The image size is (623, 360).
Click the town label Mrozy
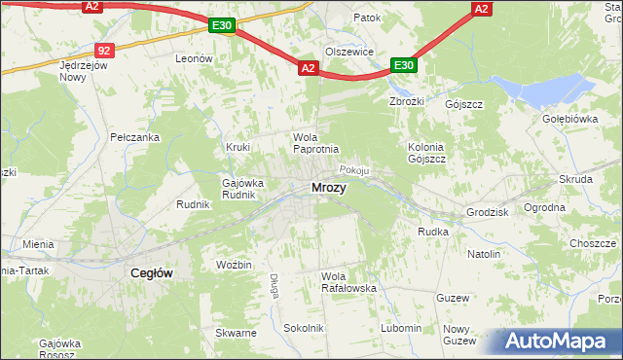[x=328, y=187]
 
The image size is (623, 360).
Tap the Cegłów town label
[x=152, y=273]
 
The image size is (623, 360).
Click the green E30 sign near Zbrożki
[x=405, y=65]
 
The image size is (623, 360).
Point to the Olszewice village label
[x=349, y=53]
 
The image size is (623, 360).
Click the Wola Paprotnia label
[x=315, y=143]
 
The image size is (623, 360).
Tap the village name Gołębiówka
[x=569, y=119]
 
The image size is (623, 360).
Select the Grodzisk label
[x=488, y=211]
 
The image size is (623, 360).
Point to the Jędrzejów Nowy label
[x=81, y=71]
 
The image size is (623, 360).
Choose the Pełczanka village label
[x=134, y=137]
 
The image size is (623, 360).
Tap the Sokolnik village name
[x=303, y=328]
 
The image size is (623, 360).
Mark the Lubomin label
[x=401, y=328]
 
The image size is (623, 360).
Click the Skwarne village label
[x=237, y=333]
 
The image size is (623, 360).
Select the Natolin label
[x=483, y=254]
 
